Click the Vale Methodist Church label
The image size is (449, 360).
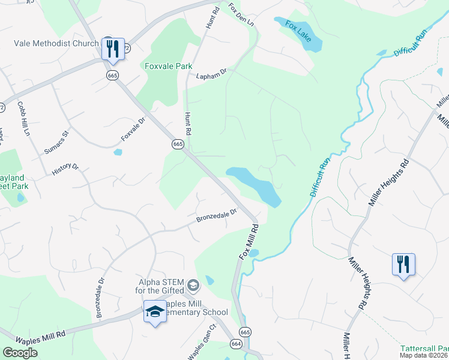point(56,43)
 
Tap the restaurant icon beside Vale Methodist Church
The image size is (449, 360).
point(113,49)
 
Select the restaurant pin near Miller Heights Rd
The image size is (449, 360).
point(403,265)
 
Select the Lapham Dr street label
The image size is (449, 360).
point(211,74)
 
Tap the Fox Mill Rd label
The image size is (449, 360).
point(249,241)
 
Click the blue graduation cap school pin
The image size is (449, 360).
point(155,312)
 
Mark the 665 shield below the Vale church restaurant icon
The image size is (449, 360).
point(112,75)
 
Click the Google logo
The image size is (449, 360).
point(20,352)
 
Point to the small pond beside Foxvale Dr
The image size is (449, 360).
point(118,152)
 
